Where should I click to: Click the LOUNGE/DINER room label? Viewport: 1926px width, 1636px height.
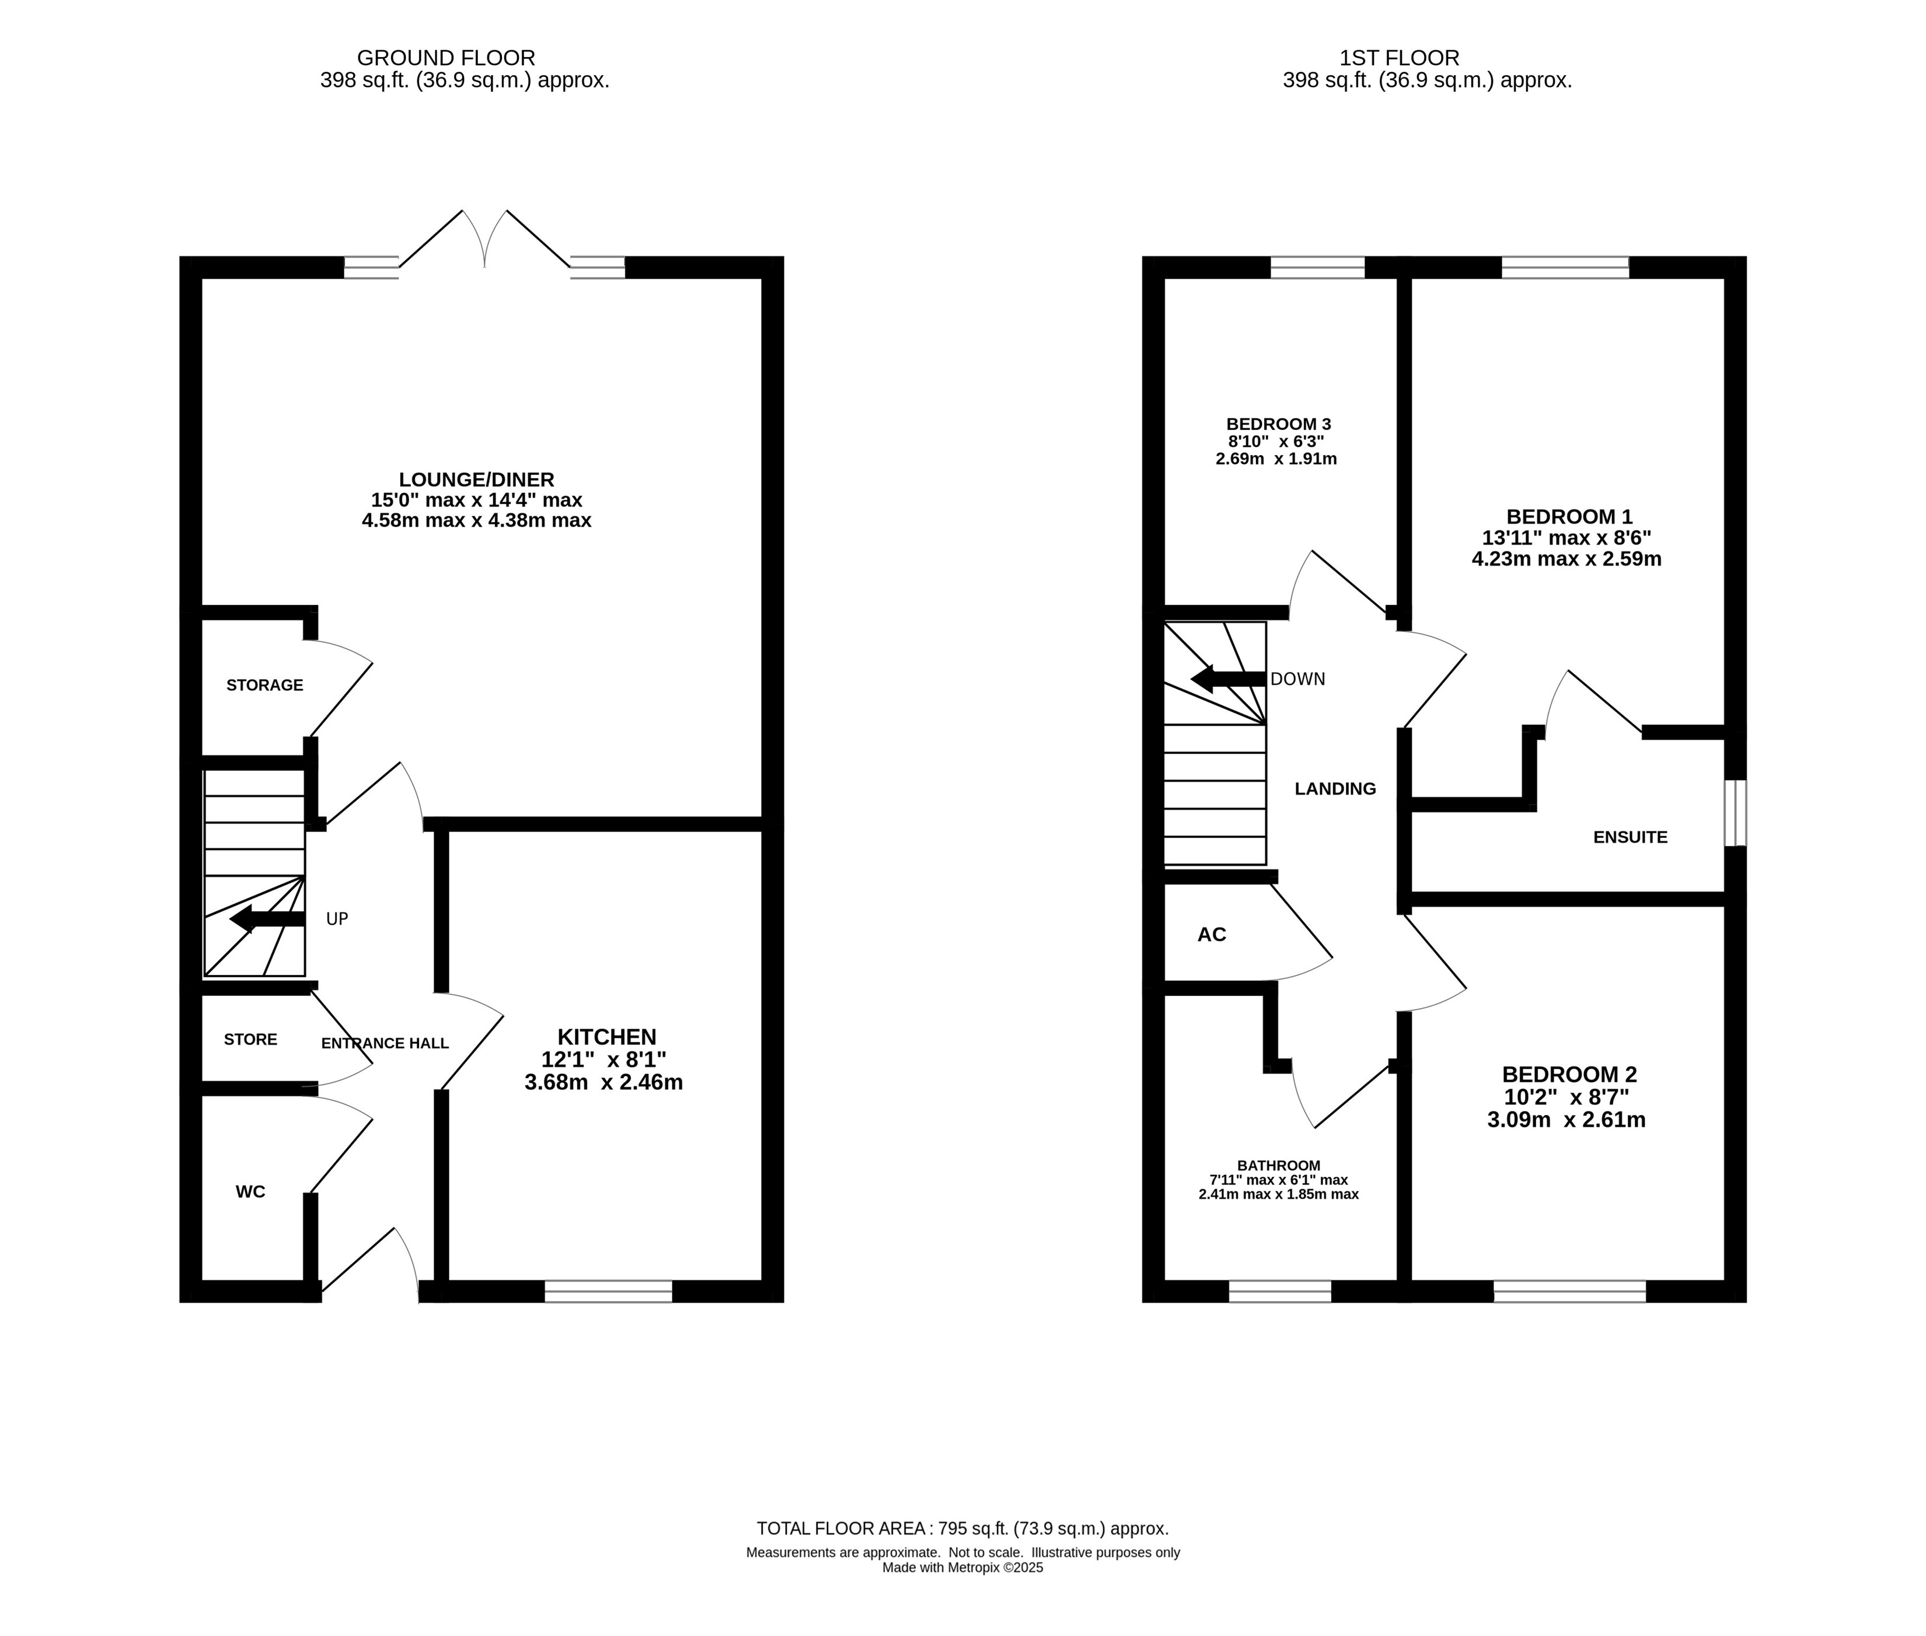[x=476, y=480]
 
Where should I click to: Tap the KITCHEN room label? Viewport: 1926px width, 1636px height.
[x=607, y=1037]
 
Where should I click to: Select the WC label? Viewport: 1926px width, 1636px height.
[x=250, y=1192]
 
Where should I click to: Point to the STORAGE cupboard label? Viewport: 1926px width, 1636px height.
[x=264, y=686]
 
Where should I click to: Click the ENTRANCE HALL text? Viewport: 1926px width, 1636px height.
[x=385, y=1043]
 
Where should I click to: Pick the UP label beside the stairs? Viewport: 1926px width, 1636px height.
[x=337, y=919]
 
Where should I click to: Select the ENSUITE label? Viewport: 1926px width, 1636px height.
[x=1630, y=837]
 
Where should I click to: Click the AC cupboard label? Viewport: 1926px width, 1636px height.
[x=1212, y=935]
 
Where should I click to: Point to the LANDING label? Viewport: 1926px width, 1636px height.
[x=1335, y=789]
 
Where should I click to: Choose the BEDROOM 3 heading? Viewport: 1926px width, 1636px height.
[x=1278, y=425]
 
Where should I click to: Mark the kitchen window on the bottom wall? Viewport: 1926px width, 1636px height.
[x=609, y=1291]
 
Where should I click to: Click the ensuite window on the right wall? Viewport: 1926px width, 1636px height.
[x=1735, y=813]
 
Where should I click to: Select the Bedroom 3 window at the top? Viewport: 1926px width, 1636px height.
[x=1317, y=267]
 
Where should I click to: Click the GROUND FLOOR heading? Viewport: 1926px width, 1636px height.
[x=446, y=58]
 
